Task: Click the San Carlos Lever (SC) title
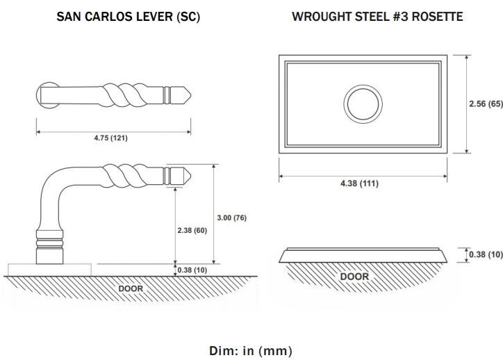pyautogui.click(x=128, y=17)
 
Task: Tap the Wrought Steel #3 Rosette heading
pyautogui.click(x=377, y=17)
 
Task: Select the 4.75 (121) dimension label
pyautogui.click(x=110, y=138)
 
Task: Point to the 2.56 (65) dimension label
pyautogui.click(x=486, y=104)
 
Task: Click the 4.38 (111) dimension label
pyautogui.click(x=359, y=183)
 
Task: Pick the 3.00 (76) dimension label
pyautogui.click(x=231, y=218)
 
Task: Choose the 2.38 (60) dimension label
pyautogui.click(x=192, y=230)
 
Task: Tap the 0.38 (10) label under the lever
pyautogui.click(x=192, y=270)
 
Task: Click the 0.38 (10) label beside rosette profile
pyautogui.click(x=486, y=254)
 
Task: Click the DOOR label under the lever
pyautogui.click(x=131, y=289)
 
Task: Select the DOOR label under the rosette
pyautogui.click(x=354, y=277)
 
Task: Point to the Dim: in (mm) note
pyautogui.click(x=251, y=351)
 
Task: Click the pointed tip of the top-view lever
pyautogui.click(x=191, y=95)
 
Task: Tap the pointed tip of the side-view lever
pyautogui.click(x=191, y=176)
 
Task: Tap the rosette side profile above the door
pyautogui.click(x=363, y=255)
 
